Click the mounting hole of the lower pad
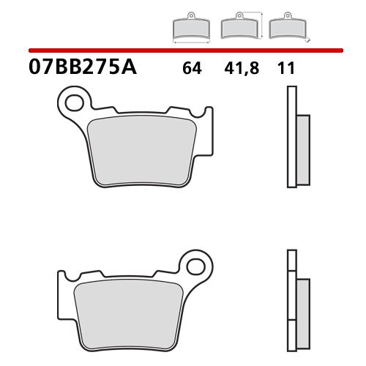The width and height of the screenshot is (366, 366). pos(194,261)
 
